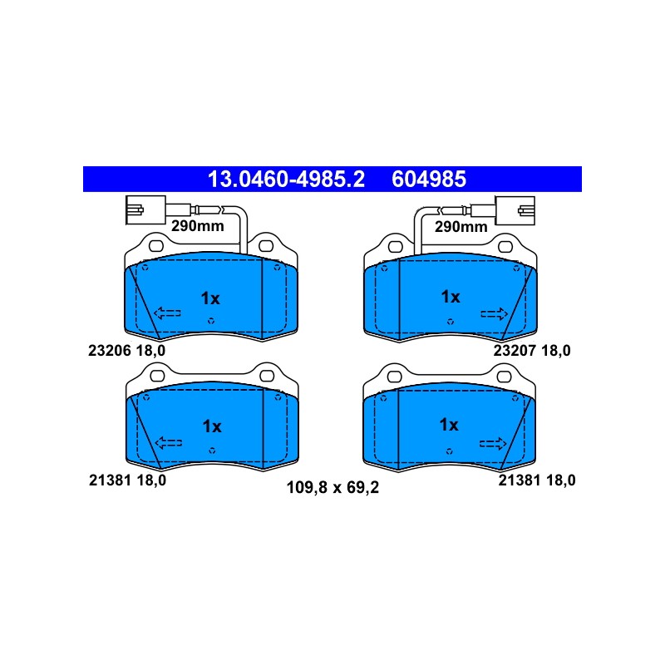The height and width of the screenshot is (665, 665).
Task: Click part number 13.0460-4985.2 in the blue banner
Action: point(286,179)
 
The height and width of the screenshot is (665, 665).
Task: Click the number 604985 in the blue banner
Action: point(429,179)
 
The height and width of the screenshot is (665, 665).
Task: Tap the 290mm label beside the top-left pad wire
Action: point(197,226)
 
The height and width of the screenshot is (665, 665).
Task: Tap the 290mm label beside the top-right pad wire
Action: point(461,227)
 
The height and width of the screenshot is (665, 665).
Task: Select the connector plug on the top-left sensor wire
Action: point(145,210)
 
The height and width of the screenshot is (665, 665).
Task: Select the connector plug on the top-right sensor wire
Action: point(515,210)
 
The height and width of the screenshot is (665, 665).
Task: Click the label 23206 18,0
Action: point(127,351)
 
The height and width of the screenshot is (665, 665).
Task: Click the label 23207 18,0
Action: point(532,351)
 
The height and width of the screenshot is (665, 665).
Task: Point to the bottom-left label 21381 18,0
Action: point(128,480)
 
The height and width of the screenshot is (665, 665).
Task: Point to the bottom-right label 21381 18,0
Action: point(537,480)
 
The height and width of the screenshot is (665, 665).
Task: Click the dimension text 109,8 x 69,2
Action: point(332,488)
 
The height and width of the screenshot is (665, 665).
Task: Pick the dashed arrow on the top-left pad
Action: point(167,313)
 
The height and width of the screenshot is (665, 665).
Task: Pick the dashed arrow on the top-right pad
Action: point(494,314)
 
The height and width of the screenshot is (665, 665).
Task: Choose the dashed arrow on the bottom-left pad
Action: point(169,443)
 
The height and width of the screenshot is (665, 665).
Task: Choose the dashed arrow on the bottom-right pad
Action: point(493,444)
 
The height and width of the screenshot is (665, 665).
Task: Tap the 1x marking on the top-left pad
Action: point(210,298)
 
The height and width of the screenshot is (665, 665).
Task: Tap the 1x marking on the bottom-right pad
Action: point(449,425)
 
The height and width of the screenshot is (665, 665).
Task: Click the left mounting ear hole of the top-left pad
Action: point(156,246)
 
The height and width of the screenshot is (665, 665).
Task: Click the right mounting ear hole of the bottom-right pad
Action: point(505,377)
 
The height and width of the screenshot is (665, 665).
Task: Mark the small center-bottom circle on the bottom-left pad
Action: point(212,451)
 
